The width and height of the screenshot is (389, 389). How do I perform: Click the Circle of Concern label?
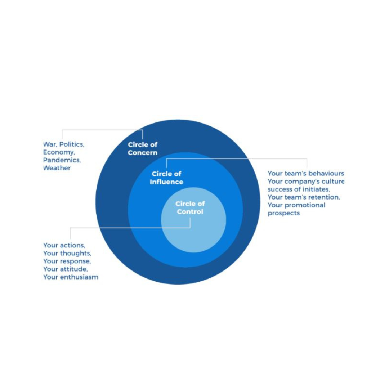pos(143,148)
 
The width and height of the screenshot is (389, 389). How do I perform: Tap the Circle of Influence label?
pos(166,178)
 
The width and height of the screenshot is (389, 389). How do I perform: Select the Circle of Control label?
pos(190,208)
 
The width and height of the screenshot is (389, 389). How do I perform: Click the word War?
pos(50,144)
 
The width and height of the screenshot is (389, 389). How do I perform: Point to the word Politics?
pos(72,144)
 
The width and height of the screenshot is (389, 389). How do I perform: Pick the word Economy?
pos(59,152)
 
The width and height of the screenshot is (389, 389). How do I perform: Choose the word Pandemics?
pos(62,160)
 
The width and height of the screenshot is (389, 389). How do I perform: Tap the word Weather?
pos(57,168)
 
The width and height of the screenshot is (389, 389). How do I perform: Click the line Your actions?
pos(64,246)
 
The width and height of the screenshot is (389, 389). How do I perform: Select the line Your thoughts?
pos(67,254)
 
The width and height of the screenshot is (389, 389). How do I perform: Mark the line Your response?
pos(67,261)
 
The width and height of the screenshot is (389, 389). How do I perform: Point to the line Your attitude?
pos(65,269)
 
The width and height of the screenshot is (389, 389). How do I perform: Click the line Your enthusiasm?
pos(71,277)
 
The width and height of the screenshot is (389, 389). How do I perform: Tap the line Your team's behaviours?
pos(306,174)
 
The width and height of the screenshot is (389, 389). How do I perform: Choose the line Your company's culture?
pos(306,182)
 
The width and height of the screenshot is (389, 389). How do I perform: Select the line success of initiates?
pos(299,189)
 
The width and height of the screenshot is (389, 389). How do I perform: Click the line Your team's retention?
pos(304,197)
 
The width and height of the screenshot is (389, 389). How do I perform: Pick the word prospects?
pos(283,213)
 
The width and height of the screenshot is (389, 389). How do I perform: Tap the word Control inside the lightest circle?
pos(190,212)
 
